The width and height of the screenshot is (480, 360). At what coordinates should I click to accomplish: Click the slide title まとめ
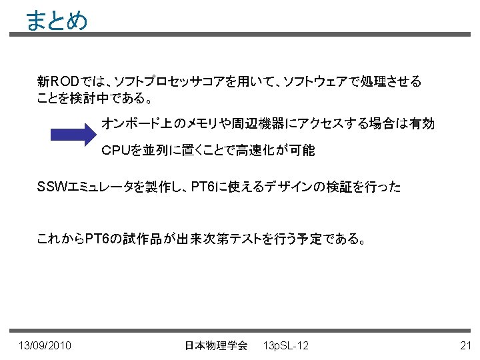click(57, 21)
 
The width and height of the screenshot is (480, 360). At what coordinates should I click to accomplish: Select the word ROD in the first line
click(66, 82)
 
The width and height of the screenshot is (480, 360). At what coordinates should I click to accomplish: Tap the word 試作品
click(137, 239)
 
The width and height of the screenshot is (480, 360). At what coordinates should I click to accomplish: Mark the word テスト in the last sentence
click(247, 239)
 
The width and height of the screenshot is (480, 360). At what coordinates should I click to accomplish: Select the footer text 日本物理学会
click(215, 345)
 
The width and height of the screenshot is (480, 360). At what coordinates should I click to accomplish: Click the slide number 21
click(466, 345)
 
